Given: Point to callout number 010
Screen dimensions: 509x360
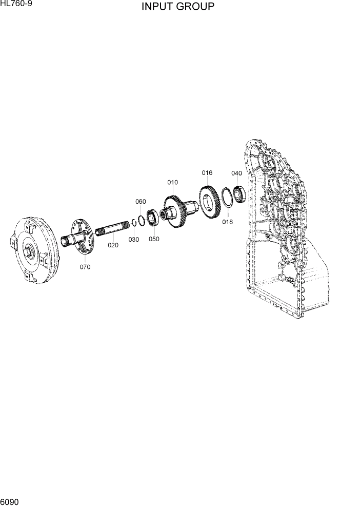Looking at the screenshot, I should coord(172,182).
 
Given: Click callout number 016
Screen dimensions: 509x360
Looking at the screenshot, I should coord(207,173).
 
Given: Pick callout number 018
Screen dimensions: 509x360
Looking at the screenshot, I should coord(227,222).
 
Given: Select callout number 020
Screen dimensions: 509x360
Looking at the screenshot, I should coord(113,245).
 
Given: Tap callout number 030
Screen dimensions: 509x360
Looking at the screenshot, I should coord(133,239).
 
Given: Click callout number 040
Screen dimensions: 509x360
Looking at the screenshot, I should coord(236,173).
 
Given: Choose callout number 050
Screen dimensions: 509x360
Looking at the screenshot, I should coord(154,239).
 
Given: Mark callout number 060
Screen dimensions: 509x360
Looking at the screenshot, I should coord(141,202).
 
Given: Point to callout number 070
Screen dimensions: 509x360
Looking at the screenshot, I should coord(85,267).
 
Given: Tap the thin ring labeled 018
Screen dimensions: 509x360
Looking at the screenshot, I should coord(227,198).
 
